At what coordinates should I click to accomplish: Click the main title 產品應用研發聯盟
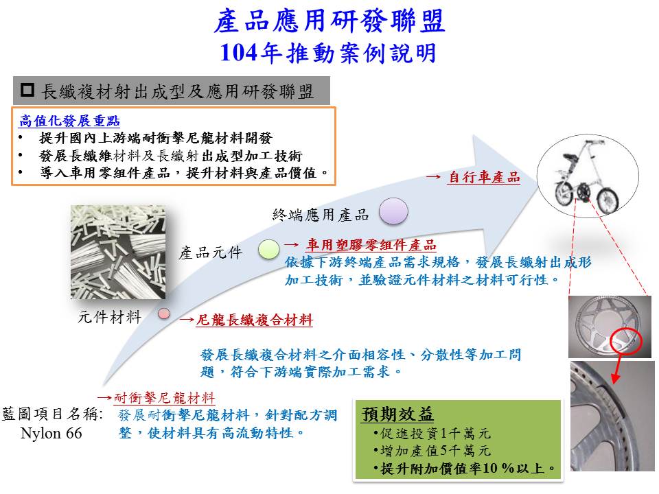[329, 21]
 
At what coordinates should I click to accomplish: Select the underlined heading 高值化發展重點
[69, 121]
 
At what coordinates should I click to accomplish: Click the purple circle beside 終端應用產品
[393, 211]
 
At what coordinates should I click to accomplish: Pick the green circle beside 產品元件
[268, 250]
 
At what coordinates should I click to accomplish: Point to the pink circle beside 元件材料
[164, 314]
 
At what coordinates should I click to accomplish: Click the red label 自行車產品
[484, 177]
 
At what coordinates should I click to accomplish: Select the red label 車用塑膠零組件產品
[371, 244]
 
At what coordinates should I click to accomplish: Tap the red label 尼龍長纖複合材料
[255, 320]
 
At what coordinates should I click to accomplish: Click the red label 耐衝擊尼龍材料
[164, 397]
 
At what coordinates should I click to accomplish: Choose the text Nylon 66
[51, 433]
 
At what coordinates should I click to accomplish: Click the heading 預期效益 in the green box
[397, 414]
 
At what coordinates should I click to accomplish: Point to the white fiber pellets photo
[118, 252]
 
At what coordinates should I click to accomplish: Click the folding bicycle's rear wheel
[608, 200]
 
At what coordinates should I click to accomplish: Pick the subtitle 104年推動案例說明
[328, 53]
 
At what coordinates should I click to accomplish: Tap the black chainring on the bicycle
[583, 191]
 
